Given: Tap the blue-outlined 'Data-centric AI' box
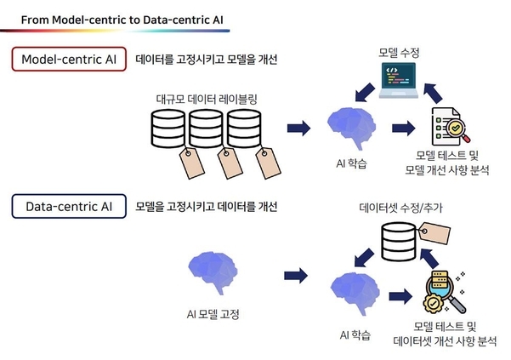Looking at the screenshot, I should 68,205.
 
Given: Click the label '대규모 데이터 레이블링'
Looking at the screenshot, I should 207,99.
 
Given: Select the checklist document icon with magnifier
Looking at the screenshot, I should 448,128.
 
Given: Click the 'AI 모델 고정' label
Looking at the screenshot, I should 213,314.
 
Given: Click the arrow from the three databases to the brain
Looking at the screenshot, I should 298,129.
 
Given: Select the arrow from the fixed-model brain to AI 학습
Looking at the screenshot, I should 298,275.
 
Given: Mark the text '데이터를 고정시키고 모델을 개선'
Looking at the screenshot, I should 207,60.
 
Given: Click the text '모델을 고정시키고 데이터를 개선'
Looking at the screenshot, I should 207,206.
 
